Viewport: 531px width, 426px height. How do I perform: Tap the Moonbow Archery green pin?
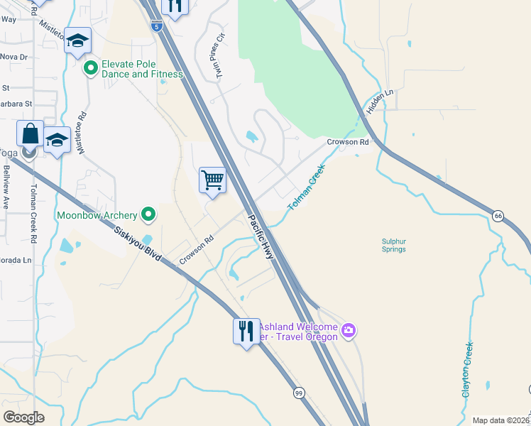pos(148,213)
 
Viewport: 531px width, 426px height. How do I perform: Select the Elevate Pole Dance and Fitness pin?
pos(90,68)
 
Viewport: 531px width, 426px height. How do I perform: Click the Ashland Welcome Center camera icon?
pos(348,330)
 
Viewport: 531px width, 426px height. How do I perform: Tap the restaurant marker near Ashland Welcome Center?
pos(246,331)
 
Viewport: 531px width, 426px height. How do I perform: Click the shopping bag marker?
pos(31,133)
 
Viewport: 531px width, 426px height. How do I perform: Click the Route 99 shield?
pos(298,392)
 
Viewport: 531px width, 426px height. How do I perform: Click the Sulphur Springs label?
pos(394,245)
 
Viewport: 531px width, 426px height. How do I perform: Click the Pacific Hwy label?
pos(261,238)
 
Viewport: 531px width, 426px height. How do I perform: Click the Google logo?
pos(23,417)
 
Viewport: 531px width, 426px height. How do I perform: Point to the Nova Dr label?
pos(13,56)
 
